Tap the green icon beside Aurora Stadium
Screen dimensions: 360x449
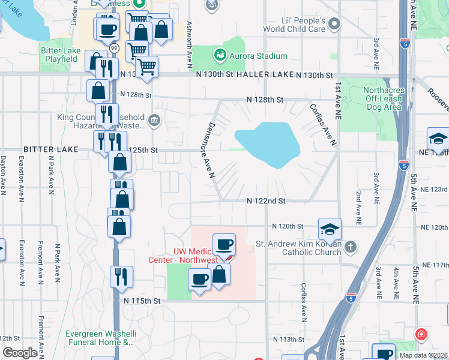pos(220,56)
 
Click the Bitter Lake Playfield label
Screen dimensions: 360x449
pos(59,55)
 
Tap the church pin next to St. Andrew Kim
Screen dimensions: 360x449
pos(350,247)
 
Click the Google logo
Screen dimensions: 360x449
pos(19,353)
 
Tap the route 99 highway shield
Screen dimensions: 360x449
pos(114,47)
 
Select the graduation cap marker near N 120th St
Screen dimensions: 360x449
pos(329,229)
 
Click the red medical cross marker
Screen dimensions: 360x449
pos(422,334)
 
